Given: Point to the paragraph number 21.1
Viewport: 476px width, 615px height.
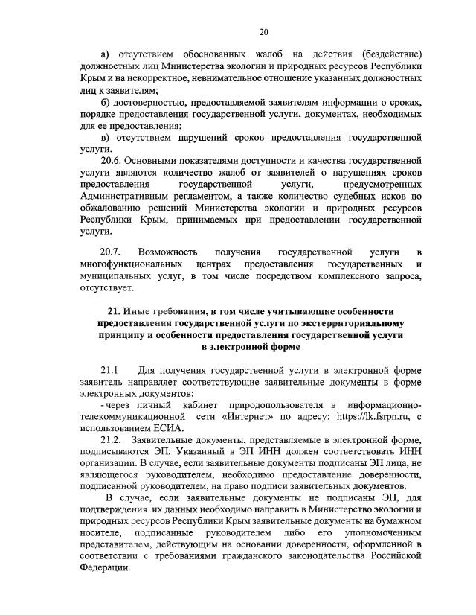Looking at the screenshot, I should pyautogui.click(x=109, y=370).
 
